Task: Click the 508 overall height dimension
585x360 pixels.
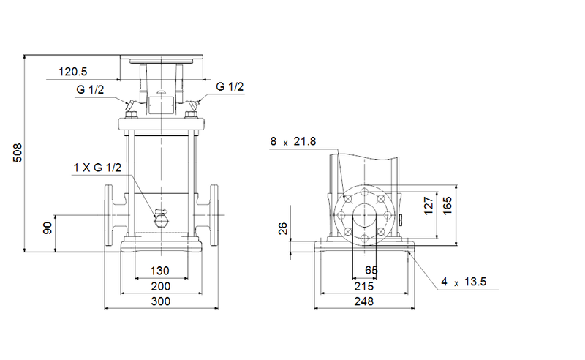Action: (x=19, y=152)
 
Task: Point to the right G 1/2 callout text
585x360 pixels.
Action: (x=230, y=87)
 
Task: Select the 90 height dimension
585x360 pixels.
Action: (x=48, y=228)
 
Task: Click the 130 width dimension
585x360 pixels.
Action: (x=160, y=270)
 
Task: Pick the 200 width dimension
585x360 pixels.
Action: (x=160, y=286)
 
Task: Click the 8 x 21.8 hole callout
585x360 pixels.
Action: (x=292, y=142)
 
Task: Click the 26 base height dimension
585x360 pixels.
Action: (x=284, y=228)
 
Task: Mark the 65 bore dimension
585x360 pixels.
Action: (x=371, y=271)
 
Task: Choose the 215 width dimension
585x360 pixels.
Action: (x=363, y=286)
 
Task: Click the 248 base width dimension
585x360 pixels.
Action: (x=363, y=301)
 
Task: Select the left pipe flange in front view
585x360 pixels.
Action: (x=111, y=216)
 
